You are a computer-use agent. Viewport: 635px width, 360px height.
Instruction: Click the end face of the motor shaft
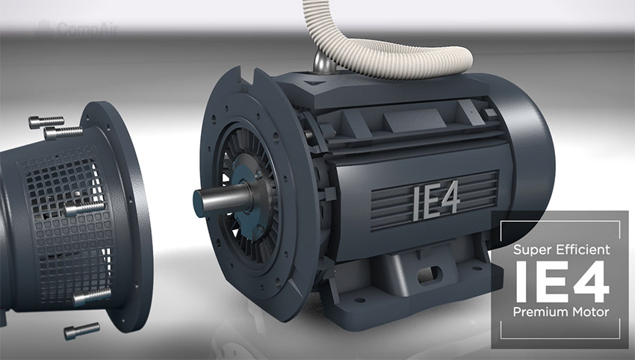199,203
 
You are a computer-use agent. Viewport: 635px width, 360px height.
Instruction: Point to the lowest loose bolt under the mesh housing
82,329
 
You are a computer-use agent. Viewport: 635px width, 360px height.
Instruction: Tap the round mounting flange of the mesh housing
127,217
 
